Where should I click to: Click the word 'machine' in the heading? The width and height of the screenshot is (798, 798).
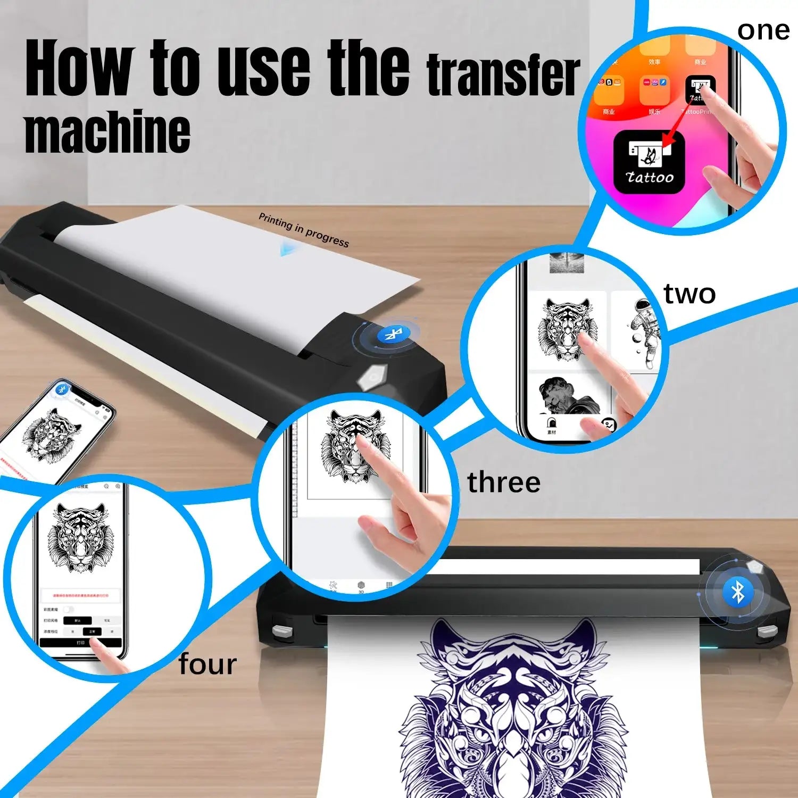click(x=106, y=131)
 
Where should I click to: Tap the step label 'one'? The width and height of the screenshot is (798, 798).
click(x=763, y=31)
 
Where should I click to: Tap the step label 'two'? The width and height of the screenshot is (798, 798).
click(x=689, y=294)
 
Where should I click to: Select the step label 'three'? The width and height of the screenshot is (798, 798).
click(x=503, y=483)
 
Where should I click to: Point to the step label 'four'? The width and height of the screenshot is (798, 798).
click(x=207, y=664)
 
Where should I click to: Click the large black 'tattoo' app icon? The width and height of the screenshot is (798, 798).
click(x=649, y=162)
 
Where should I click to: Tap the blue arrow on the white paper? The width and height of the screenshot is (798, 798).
click(x=287, y=248)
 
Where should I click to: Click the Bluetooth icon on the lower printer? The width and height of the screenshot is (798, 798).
click(x=737, y=592)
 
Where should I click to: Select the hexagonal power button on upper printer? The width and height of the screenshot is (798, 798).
click(x=371, y=378)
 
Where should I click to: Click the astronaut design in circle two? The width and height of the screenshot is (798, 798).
click(x=644, y=332)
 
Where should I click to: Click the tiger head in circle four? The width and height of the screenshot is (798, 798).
click(x=80, y=537)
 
